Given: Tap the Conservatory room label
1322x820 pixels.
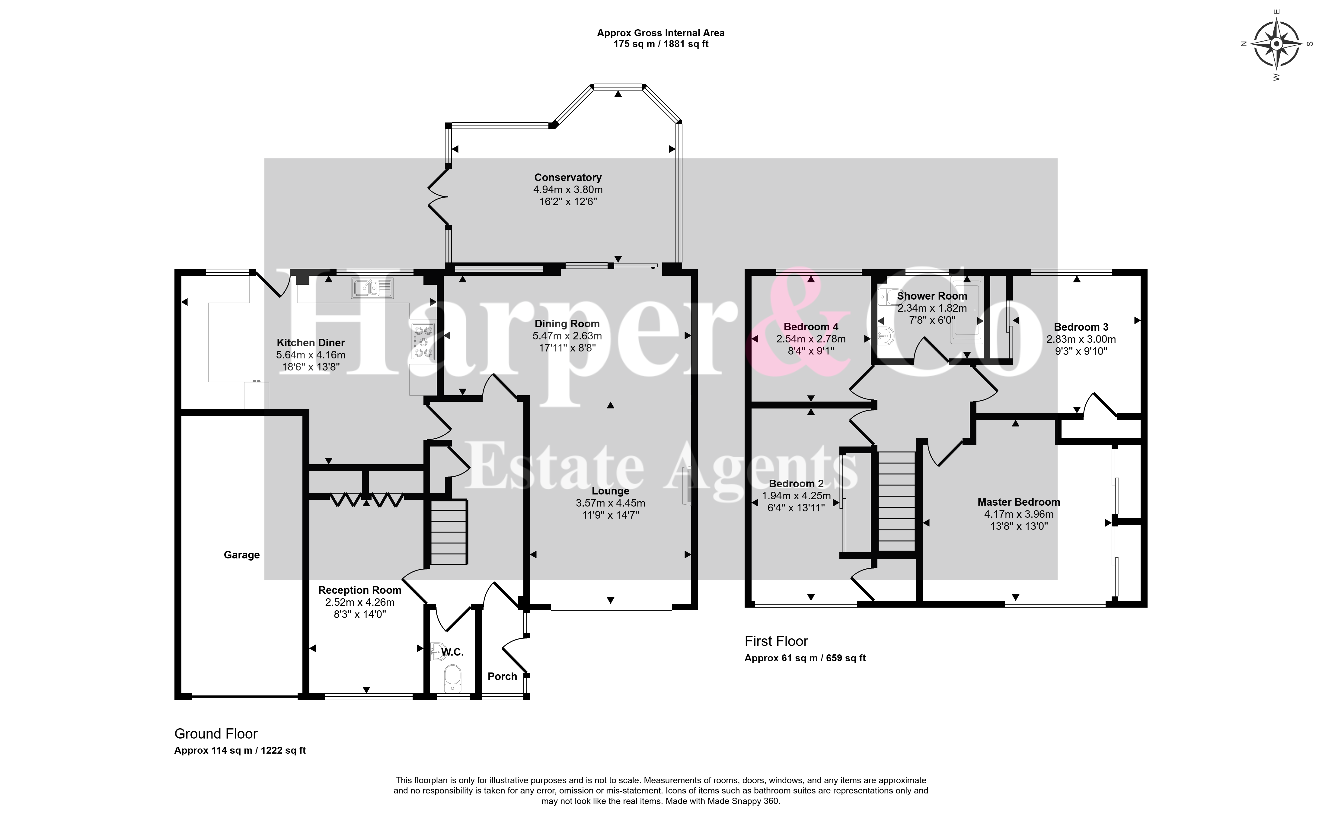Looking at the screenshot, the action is (x=567, y=177).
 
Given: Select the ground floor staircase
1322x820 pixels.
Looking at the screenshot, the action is (x=449, y=532).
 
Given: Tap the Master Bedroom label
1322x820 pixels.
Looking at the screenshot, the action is (x=1018, y=502).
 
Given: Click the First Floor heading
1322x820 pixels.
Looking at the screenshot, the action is (x=776, y=641).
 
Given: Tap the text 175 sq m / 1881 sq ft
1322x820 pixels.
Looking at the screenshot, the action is (x=661, y=44).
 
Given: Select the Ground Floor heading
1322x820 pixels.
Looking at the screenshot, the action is (x=216, y=734).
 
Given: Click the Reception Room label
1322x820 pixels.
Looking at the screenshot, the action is (x=360, y=590).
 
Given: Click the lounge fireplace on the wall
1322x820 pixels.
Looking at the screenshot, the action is (x=687, y=486).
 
